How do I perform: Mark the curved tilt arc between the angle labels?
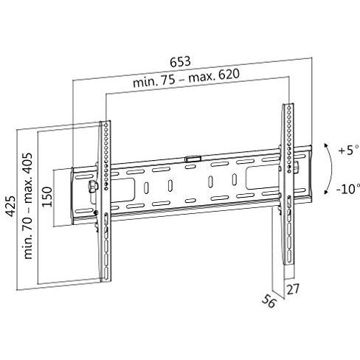325,169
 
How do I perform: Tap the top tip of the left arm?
104,122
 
